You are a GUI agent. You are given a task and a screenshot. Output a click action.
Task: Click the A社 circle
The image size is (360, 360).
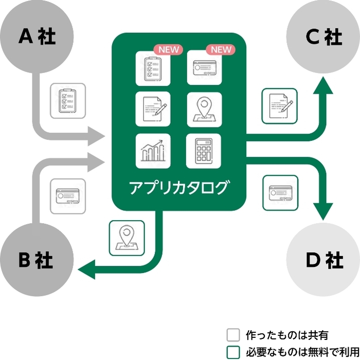[37, 38]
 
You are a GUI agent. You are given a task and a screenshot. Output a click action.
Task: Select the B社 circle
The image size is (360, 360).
[37, 260]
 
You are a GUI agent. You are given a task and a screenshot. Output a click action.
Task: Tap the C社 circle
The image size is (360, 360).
[323, 38]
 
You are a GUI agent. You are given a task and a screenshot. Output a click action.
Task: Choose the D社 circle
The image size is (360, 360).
[323, 260]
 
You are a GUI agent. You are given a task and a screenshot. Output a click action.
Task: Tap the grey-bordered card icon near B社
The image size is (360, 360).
[68, 196]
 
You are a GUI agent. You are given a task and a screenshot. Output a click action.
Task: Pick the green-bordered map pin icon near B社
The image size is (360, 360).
[126, 237]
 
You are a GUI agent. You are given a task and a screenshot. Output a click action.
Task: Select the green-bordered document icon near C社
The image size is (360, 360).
[279, 106]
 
